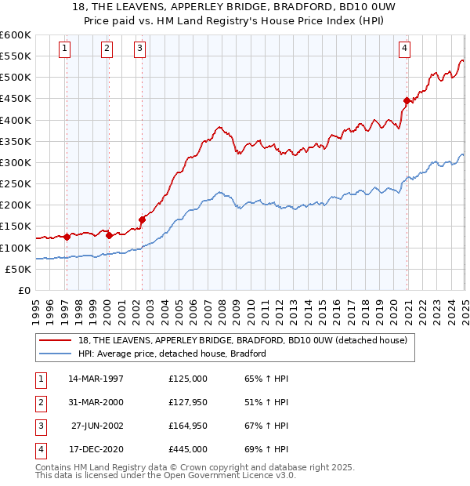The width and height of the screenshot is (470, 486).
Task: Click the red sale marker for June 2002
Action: click(x=143, y=219)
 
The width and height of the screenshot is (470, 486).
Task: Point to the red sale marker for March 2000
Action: click(x=109, y=234)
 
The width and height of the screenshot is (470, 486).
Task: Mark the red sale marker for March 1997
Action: click(x=67, y=236)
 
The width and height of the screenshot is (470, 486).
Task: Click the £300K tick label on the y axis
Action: click(x=15, y=162)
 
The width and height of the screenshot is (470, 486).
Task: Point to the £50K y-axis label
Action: click(x=18, y=269)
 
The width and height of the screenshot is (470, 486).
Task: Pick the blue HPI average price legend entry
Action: click(x=172, y=354)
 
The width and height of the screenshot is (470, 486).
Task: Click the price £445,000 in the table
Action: click(x=188, y=449)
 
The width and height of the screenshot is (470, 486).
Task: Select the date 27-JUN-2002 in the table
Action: click(x=97, y=426)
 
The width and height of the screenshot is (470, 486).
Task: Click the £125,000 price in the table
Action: click(x=188, y=379)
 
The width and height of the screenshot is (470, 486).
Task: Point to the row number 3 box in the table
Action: click(x=38, y=426)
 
